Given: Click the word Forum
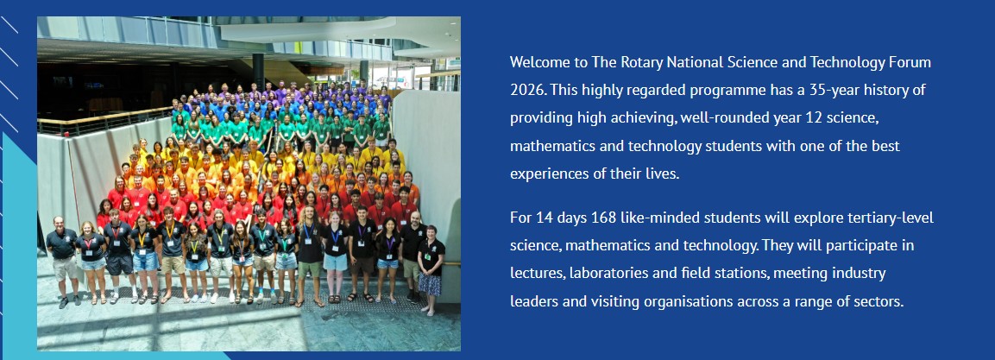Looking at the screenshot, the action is [912, 62].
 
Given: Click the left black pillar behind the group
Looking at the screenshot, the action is [258, 71].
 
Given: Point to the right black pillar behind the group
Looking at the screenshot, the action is [364, 73].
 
